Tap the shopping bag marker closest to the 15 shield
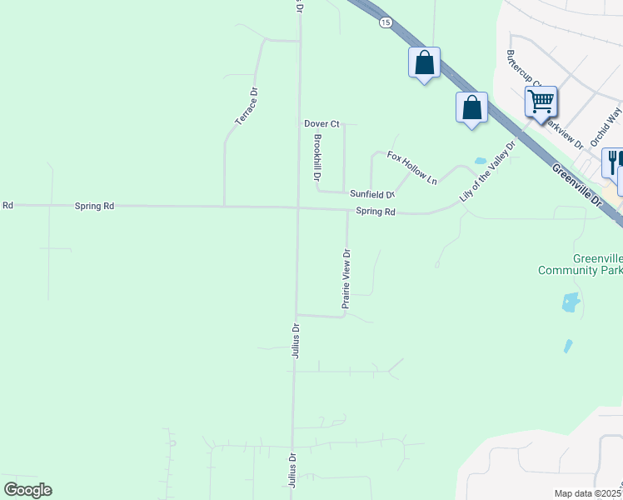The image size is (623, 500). (424, 62)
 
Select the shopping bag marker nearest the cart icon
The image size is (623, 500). (471, 107)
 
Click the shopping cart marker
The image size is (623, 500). (541, 102)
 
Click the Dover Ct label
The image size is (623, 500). (321, 123)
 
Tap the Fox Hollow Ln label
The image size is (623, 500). (411, 167)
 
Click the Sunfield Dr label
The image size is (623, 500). (371, 194)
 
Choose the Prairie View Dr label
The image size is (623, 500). (346, 279)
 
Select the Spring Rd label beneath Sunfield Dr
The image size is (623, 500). (376, 212)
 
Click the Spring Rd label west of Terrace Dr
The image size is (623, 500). (94, 205)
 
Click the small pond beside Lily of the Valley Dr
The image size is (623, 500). (480, 161)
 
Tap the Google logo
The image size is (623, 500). (27, 490)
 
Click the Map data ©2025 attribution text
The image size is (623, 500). (587, 493)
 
